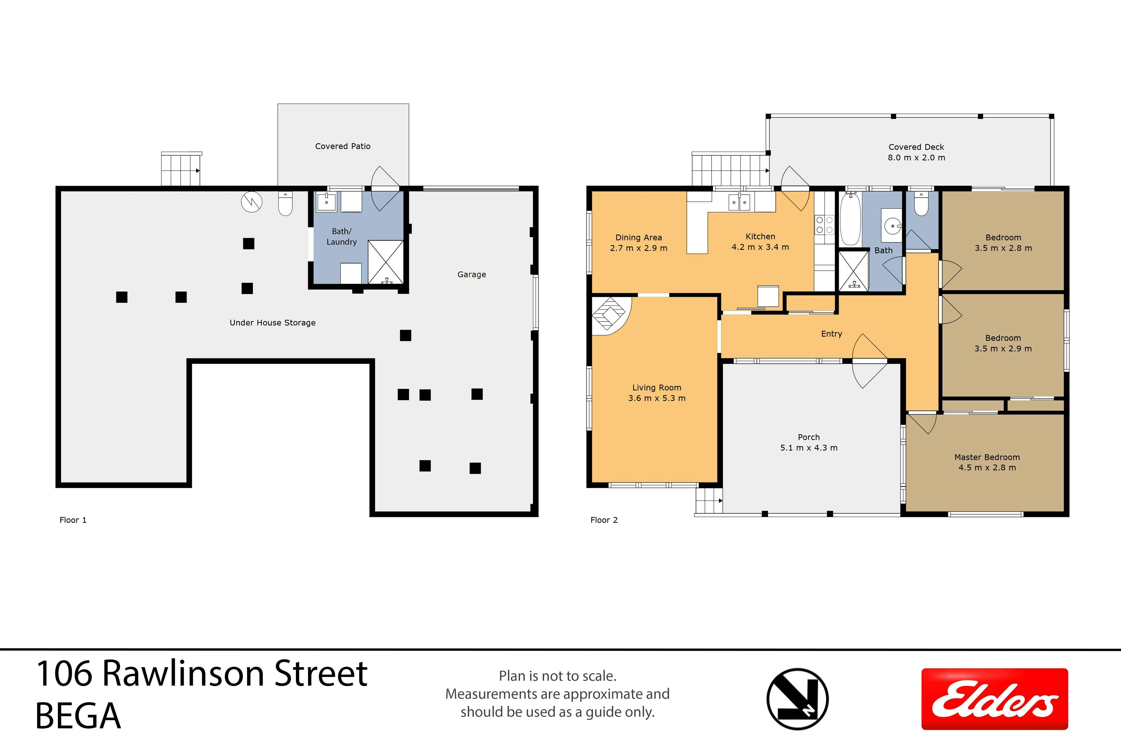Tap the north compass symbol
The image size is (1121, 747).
pyautogui.click(x=797, y=699)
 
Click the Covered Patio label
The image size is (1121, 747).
pyautogui.click(x=343, y=146)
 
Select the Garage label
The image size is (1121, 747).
pyautogui.click(x=471, y=275)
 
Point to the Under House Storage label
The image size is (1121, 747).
pyautogui.click(x=273, y=323)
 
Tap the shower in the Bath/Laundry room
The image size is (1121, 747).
pyautogui.click(x=386, y=262)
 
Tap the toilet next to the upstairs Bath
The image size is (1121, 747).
pyautogui.click(x=921, y=203)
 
